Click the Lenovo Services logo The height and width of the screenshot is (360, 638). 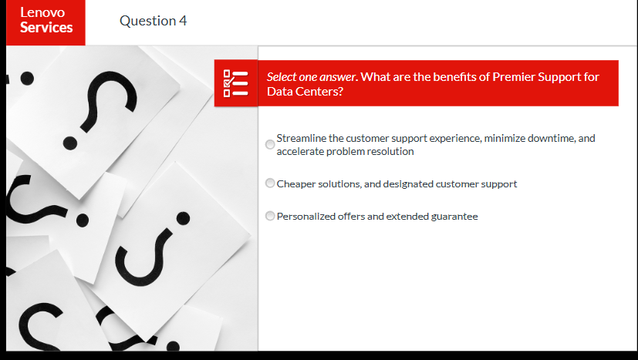pos(46,21)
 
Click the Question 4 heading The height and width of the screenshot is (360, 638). pos(153,21)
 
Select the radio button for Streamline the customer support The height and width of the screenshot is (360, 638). pos(270,144)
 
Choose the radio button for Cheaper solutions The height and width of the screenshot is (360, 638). pos(270,183)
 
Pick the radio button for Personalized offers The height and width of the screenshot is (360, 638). pos(270,216)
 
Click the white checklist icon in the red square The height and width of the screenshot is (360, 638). pos(235,83)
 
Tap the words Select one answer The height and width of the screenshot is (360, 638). pos(312,77)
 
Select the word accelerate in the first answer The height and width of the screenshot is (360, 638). pos(300,151)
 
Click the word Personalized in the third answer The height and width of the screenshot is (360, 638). pos(306,216)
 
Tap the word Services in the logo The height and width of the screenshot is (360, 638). pos(46,28)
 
